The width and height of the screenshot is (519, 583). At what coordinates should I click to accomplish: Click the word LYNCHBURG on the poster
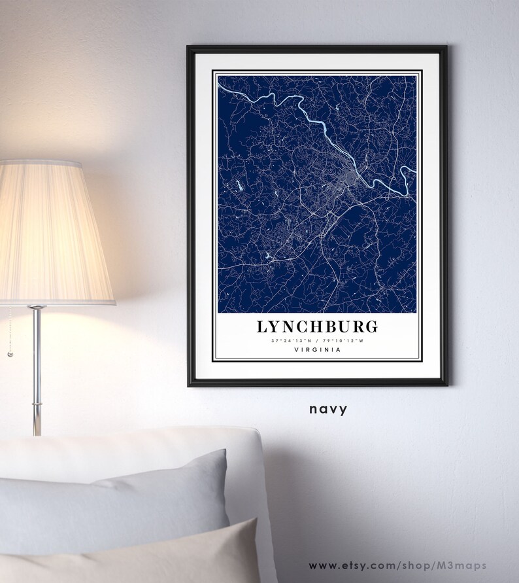(x=317, y=326)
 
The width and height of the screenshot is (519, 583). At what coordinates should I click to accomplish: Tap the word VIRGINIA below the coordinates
(x=317, y=351)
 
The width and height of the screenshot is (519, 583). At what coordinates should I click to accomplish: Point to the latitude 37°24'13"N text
(x=288, y=340)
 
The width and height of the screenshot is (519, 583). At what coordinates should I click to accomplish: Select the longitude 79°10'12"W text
(x=345, y=340)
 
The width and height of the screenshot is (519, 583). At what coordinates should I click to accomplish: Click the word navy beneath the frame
(x=329, y=410)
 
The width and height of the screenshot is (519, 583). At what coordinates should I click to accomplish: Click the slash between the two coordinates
(x=317, y=340)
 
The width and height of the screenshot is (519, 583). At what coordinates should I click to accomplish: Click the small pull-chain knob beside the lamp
(x=10, y=354)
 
